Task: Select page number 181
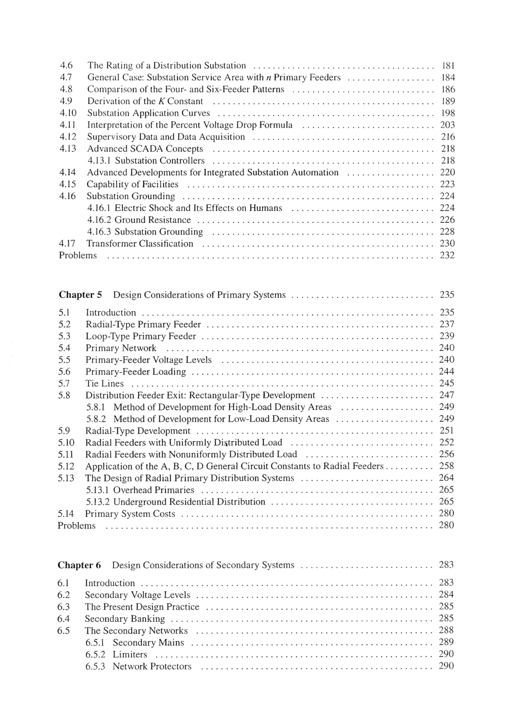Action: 447,66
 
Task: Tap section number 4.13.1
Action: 99,161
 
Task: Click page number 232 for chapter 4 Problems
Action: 447,255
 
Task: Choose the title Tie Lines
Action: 105,383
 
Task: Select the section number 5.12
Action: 66,466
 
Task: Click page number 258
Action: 447,466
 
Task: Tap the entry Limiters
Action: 130,654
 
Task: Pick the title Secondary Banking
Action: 125,618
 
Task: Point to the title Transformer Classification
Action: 140,243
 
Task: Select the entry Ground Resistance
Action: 152,220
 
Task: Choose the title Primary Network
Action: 121,348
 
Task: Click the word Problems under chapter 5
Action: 76,525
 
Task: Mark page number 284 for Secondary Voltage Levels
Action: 447,595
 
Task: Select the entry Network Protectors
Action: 152,666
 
